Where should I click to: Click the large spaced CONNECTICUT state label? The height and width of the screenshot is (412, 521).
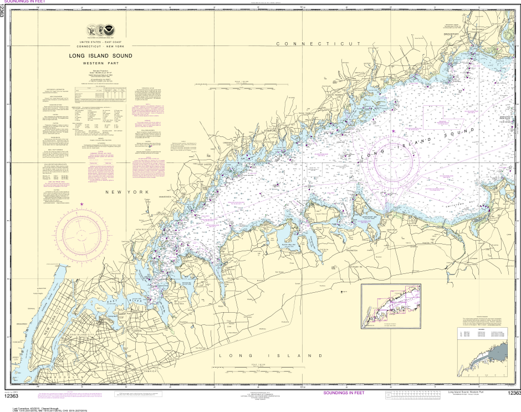pos(319,43)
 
